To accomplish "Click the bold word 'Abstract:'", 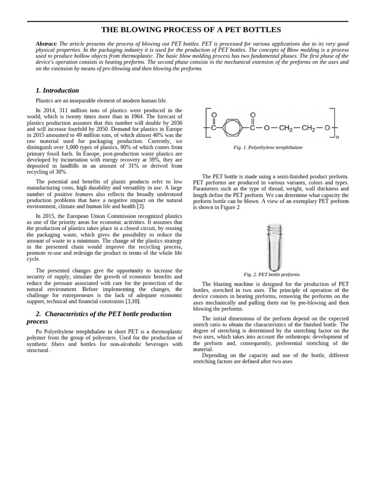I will coord(47,44).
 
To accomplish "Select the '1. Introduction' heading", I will coord(57,91).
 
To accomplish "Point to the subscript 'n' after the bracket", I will coord(337,137).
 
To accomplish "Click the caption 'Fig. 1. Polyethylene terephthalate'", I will coord(268,147).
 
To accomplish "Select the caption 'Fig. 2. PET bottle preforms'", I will coord(271,274).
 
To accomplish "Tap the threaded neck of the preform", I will coord(272,228).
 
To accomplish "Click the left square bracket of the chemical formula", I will coord(208,122).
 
